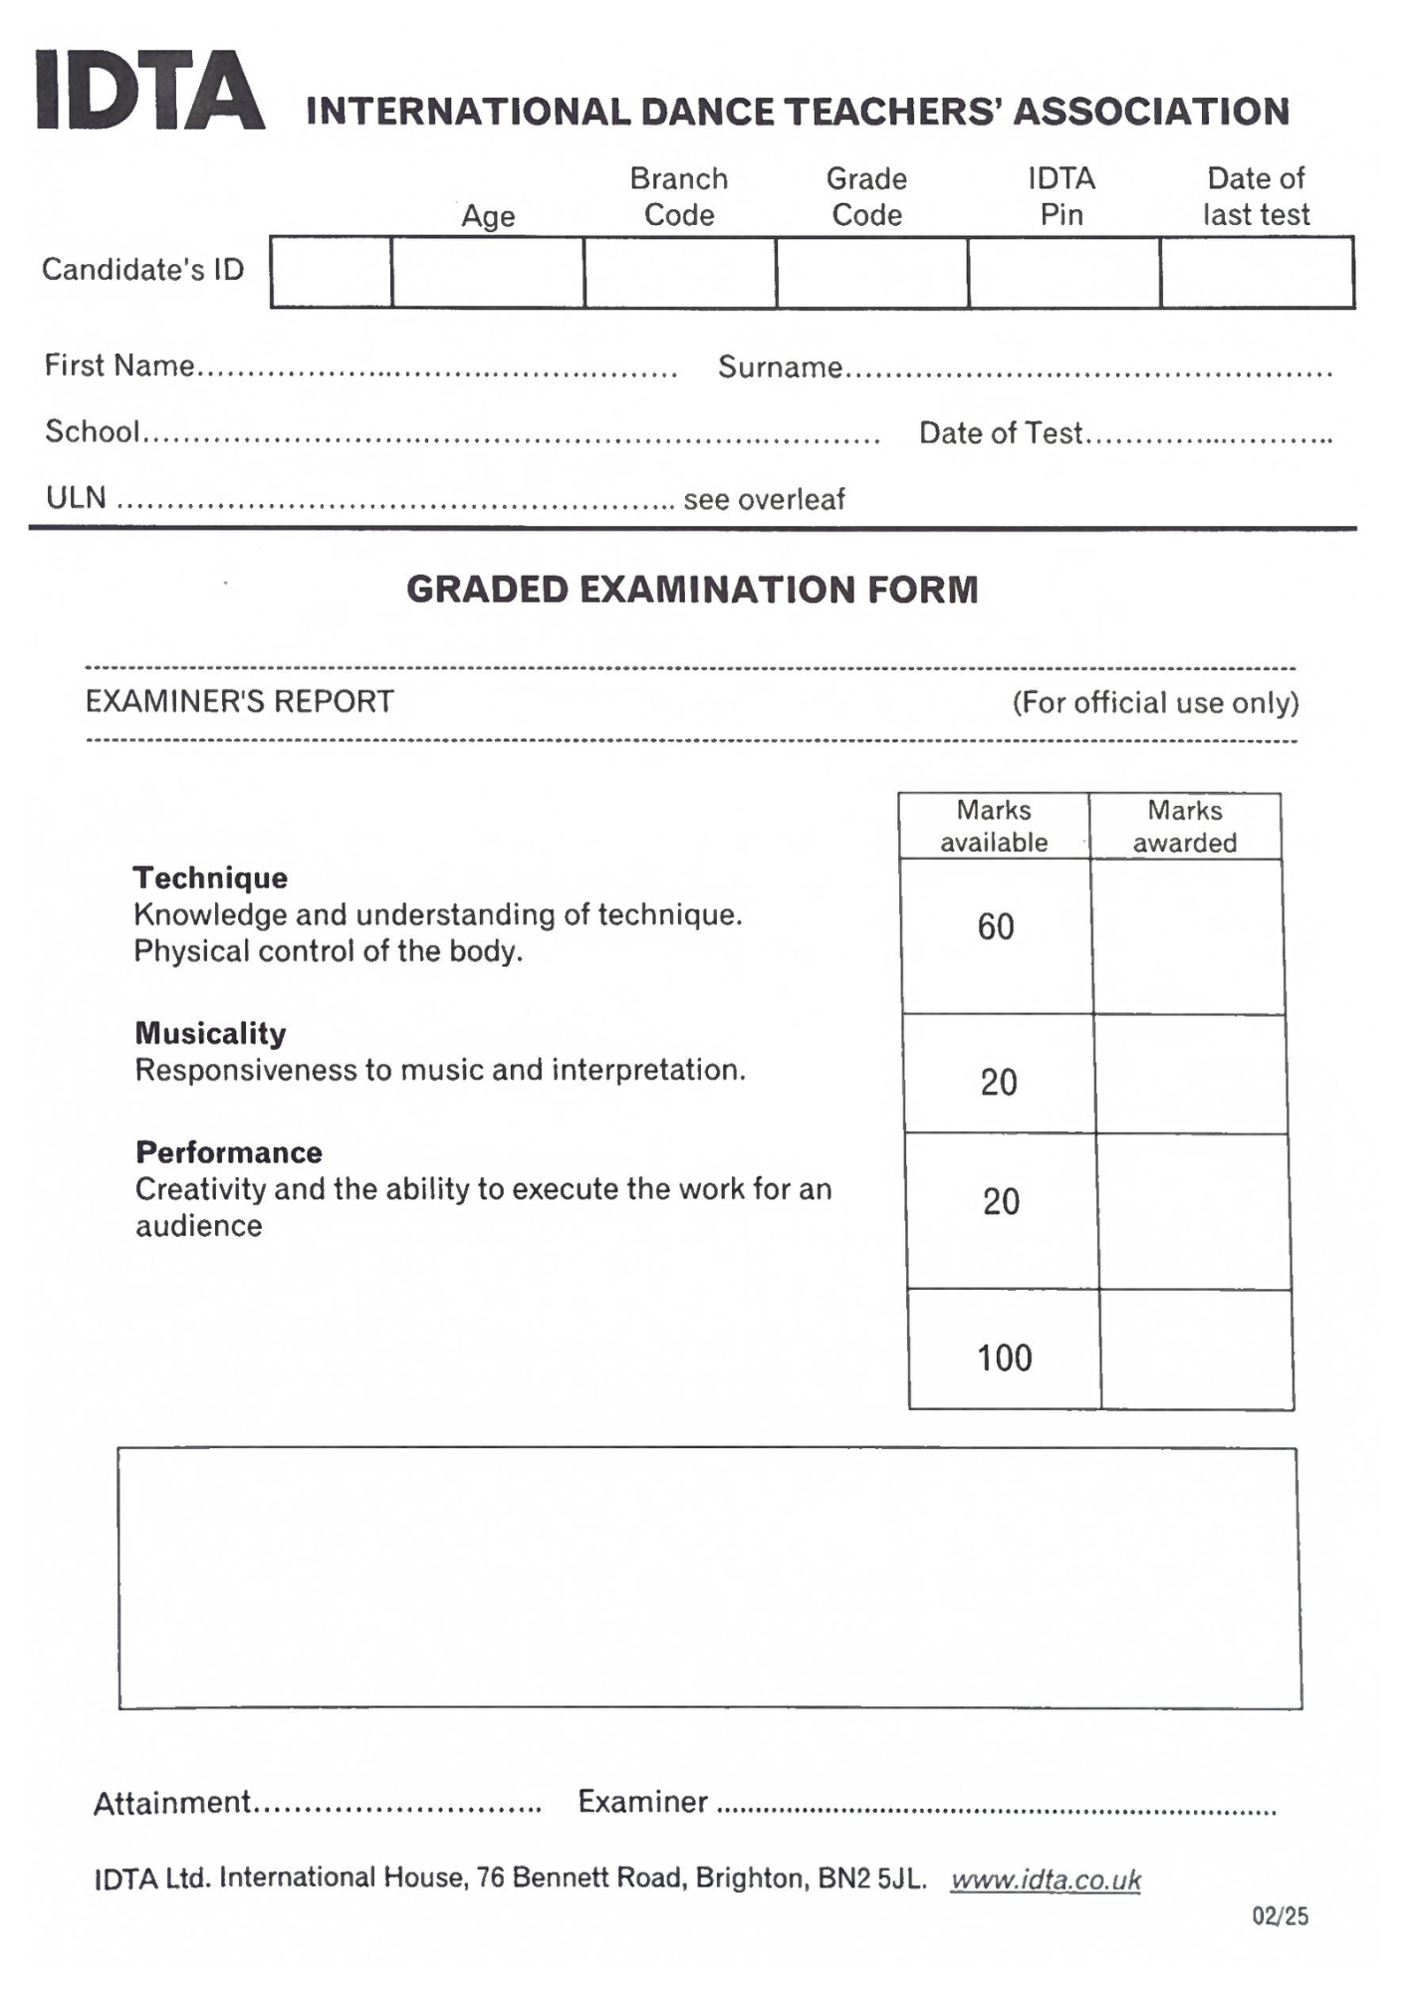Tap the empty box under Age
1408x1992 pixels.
pos(488,272)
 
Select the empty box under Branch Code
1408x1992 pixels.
pos(680,272)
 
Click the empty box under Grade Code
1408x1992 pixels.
pos(872,272)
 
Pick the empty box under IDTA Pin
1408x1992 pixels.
pos(1063,272)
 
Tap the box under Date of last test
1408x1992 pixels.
pos(1257,272)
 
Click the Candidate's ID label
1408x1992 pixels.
pos(142,269)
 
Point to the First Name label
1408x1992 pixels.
pos(119,366)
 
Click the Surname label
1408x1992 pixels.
pos(781,368)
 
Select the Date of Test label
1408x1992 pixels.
pos(1000,433)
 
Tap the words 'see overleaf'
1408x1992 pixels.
pos(764,499)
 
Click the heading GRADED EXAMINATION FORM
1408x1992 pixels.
pos(692,590)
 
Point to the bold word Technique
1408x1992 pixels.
pos(210,877)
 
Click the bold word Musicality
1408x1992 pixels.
pos(210,1033)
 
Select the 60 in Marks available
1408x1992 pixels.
pos(996,927)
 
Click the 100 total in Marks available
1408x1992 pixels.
pos(1004,1358)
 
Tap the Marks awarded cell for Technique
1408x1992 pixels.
pos(1188,936)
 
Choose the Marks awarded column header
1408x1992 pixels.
pos(1185,826)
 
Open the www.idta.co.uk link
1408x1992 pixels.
pos(1046,1879)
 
